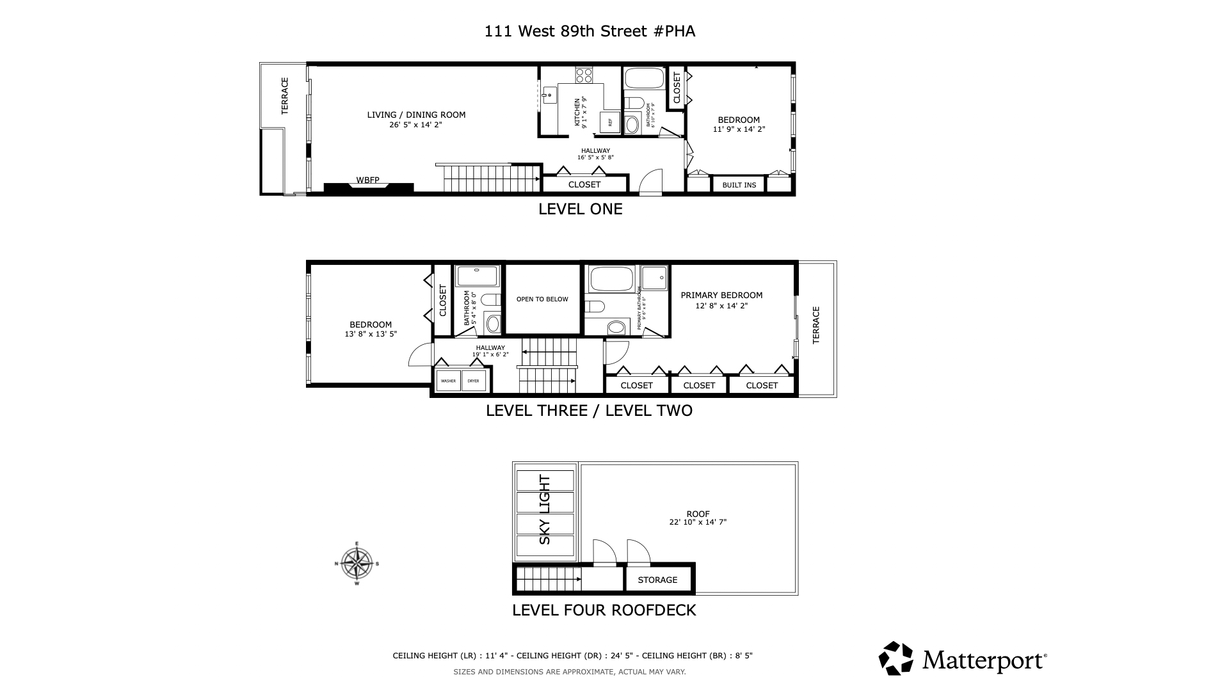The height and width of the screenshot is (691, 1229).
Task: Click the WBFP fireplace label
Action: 368,180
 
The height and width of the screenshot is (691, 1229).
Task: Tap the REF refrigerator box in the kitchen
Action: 609,122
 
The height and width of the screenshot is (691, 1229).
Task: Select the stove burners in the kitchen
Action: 584,75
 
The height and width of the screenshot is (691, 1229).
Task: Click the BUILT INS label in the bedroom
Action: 739,185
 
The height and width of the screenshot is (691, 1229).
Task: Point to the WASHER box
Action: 448,381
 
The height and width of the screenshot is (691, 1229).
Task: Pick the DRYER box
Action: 473,381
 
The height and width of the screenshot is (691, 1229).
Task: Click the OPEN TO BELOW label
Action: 542,299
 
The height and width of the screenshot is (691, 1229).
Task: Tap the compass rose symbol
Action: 357,564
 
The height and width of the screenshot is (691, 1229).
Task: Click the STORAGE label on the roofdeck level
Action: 657,580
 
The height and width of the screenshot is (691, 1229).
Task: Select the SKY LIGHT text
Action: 545,509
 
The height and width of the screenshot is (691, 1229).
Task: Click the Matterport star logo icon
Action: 896,658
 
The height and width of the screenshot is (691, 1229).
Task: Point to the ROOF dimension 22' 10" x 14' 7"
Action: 698,522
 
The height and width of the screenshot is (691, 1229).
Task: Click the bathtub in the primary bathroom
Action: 611,279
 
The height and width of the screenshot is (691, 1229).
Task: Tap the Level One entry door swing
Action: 651,182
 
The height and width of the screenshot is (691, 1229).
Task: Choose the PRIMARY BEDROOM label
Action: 721,296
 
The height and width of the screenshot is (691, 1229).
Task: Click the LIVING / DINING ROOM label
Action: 416,115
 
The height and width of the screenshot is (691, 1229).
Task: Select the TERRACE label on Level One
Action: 285,96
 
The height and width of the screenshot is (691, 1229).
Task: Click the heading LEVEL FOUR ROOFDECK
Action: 604,610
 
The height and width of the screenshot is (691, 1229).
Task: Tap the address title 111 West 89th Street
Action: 590,31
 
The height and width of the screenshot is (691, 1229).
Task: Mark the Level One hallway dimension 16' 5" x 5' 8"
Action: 595,157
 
